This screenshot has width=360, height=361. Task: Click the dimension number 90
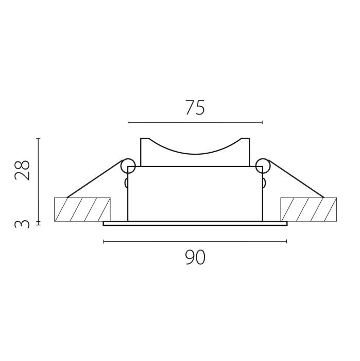tap(195, 257)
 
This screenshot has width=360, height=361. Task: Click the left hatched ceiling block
tap(82, 209)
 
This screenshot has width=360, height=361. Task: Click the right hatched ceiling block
tap(308, 209)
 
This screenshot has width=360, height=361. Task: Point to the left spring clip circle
tap(127, 166)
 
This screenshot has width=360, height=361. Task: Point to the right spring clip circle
tap(263, 166)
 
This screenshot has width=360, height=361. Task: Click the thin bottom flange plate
tap(195, 224)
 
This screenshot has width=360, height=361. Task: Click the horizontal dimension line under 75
tap(195, 123)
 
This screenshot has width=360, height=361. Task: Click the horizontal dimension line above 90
tap(195, 241)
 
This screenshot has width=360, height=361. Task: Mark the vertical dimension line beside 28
tap(39, 180)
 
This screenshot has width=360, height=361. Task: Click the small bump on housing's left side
tap(126, 183)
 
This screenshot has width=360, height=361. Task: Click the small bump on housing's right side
tap(264, 183)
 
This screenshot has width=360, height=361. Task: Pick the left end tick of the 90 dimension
tap(104, 241)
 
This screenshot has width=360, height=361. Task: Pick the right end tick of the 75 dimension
tap(262, 123)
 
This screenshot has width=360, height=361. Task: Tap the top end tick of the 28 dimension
tap(39, 138)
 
